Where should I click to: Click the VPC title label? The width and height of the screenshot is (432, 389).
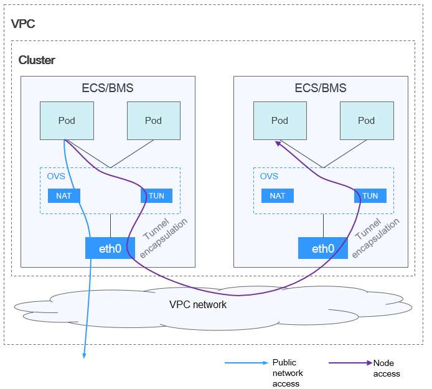pyautogui.click(x=23, y=24)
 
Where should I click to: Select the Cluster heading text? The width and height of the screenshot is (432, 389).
pyautogui.click(x=37, y=60)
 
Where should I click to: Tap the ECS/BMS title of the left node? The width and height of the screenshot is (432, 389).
pyautogui.click(x=108, y=88)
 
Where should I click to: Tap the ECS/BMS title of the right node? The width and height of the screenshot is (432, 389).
pyautogui.click(x=321, y=88)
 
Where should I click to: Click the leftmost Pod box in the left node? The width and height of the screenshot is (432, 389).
pyautogui.click(x=67, y=121)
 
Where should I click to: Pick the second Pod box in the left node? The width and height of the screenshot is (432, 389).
pyautogui.click(x=153, y=121)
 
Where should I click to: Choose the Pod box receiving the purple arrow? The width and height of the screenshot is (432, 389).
pyautogui.click(x=279, y=121)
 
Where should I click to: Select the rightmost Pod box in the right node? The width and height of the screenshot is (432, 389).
pyautogui.click(x=366, y=121)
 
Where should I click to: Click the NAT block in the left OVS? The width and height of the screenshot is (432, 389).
pyautogui.click(x=64, y=195)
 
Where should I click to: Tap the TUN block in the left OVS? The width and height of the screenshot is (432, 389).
pyautogui.click(x=157, y=195)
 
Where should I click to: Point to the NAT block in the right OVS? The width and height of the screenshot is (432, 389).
pyautogui.click(x=277, y=195)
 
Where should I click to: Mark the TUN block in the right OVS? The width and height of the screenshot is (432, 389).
pyautogui.click(x=370, y=195)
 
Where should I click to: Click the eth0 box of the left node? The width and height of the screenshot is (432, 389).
pyautogui.click(x=110, y=248)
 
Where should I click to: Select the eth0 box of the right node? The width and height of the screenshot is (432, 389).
pyautogui.click(x=323, y=248)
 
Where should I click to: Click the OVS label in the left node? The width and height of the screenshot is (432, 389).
pyautogui.click(x=56, y=176)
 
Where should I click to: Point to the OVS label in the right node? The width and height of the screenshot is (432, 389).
pyautogui.click(x=269, y=176)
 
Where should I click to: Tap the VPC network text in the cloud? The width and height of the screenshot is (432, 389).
pyautogui.click(x=198, y=305)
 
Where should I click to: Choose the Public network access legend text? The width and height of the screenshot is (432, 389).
pyautogui.click(x=288, y=373)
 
